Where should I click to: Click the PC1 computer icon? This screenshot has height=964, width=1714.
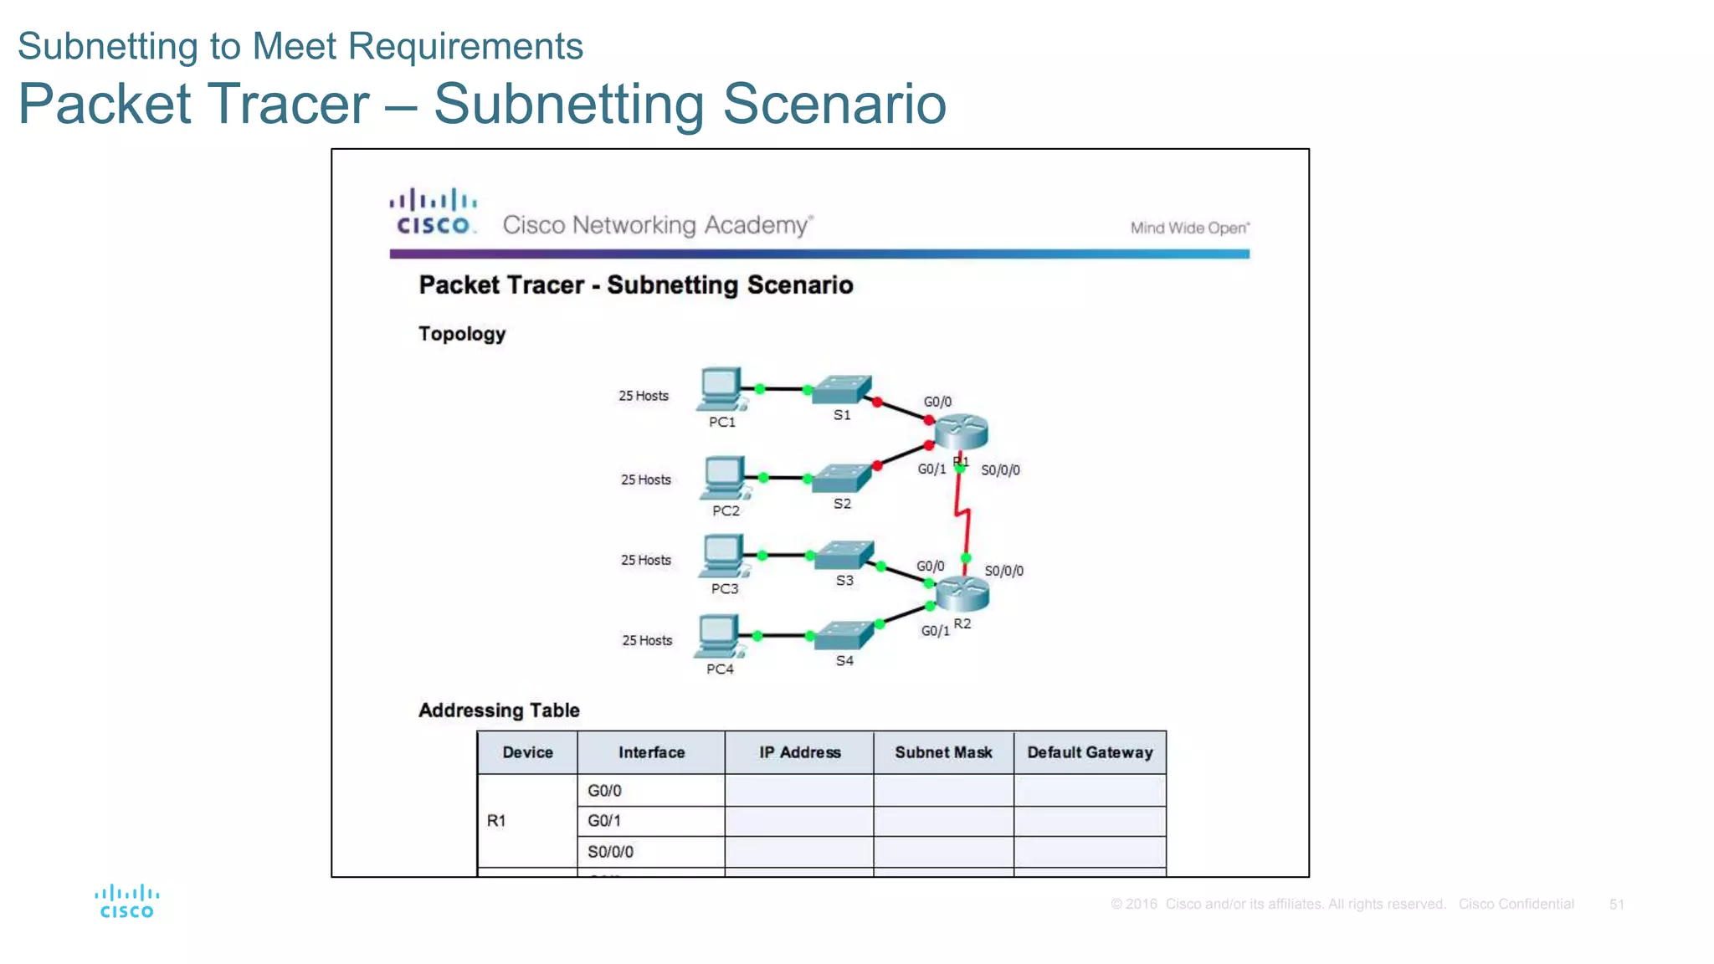[721, 388]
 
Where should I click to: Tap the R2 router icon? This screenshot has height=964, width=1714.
[962, 592]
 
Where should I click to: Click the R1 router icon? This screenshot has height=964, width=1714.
[961, 431]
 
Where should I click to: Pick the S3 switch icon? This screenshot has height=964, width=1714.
[844, 556]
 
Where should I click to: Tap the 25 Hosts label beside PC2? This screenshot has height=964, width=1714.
[645, 479]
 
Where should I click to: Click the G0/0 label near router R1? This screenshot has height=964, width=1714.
[937, 402]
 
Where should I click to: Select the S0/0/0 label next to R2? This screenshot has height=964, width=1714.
[1003, 571]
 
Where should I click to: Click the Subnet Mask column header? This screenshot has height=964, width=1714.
[943, 752]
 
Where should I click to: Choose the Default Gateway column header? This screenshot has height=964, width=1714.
[1090, 752]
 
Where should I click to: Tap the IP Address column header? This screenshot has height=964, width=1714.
[799, 752]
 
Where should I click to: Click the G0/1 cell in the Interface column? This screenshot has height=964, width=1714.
[604, 821]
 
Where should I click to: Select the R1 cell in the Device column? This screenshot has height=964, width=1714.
[496, 821]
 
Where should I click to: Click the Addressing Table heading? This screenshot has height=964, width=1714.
[499, 710]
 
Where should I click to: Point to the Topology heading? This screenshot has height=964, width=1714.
[462, 334]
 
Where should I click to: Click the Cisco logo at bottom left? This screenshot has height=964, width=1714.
[126, 901]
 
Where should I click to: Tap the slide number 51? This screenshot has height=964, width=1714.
[1616, 904]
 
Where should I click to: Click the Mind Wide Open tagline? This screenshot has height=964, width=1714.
[1189, 228]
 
